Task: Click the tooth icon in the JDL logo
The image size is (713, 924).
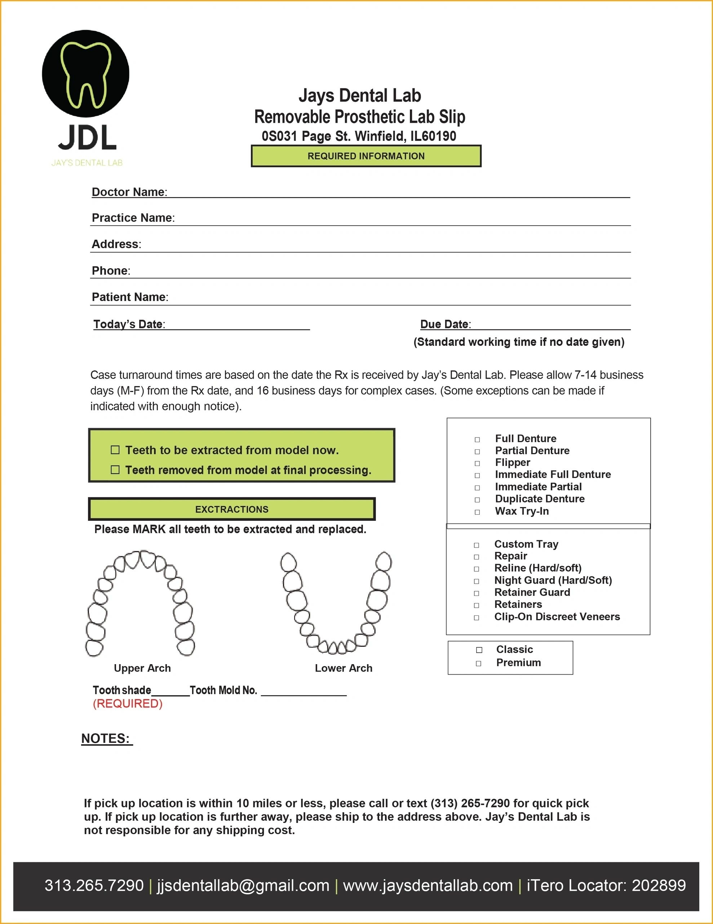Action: coord(86,74)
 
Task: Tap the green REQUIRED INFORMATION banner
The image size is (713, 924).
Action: coord(366,156)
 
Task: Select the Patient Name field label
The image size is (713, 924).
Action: coord(129,297)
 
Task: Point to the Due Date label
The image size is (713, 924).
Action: coord(444,324)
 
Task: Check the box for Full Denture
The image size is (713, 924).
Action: coord(477,440)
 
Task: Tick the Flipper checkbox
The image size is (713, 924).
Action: coord(477,464)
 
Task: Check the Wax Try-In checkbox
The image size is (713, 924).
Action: coord(477,512)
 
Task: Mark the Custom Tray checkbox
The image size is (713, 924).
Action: coord(476,545)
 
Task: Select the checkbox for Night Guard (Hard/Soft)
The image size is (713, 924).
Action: coord(476,581)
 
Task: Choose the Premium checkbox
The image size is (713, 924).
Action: coord(478,663)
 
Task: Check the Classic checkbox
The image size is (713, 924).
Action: coord(479,650)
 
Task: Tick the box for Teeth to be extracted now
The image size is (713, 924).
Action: coord(115,450)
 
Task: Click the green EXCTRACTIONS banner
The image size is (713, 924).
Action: coord(232,509)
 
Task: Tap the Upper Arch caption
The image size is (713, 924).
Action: coord(142,668)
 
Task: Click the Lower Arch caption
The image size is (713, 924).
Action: coord(344,668)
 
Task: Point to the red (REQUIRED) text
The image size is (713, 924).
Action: coord(128,703)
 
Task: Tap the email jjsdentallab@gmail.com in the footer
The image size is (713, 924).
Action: coord(243,885)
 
